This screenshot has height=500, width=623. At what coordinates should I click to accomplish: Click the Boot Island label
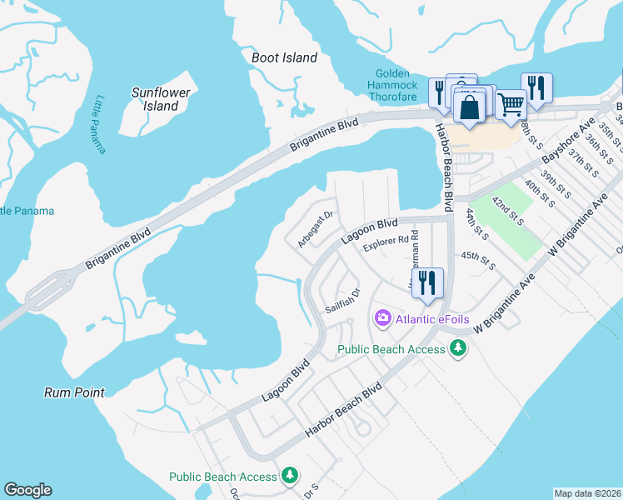(284, 57)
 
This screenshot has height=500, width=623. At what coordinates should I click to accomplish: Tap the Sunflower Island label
(161, 99)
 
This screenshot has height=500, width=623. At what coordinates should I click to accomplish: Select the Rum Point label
(75, 392)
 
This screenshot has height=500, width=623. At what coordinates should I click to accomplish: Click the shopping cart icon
(510, 104)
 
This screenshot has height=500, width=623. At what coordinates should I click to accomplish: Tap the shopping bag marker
(470, 107)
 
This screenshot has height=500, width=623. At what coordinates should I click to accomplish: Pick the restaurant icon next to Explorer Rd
(426, 282)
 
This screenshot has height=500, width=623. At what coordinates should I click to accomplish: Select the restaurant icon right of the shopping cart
(536, 87)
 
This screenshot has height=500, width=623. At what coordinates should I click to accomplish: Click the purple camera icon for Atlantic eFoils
(382, 316)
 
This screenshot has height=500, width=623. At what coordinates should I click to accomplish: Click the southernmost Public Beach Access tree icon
(289, 476)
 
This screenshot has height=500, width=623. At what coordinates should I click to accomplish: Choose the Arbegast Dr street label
(316, 228)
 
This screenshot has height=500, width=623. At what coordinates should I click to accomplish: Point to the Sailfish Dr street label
(341, 300)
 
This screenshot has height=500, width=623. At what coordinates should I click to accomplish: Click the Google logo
(27, 490)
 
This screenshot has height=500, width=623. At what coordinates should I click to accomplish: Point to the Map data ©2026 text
(588, 493)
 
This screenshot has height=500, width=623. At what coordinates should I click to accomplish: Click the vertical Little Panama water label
(100, 124)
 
